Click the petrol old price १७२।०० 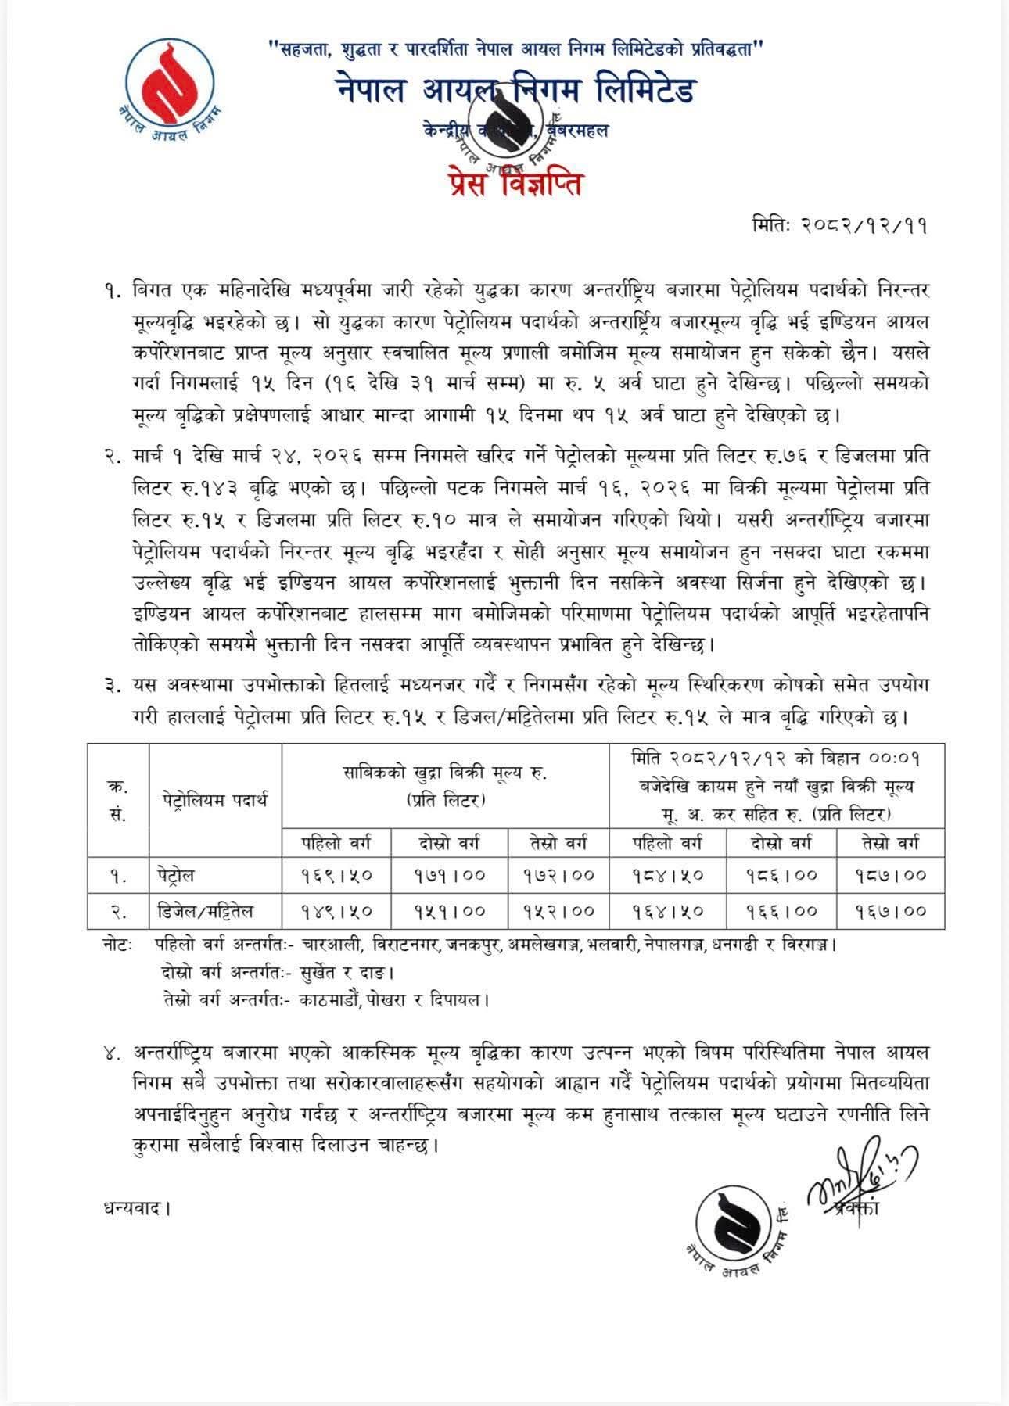[558, 875]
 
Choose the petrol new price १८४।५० [667, 875]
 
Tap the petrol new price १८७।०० [889, 875]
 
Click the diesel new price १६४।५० [667, 911]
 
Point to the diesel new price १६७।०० [889, 911]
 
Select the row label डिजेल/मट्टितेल [203, 911]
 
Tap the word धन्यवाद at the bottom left [135, 1208]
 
